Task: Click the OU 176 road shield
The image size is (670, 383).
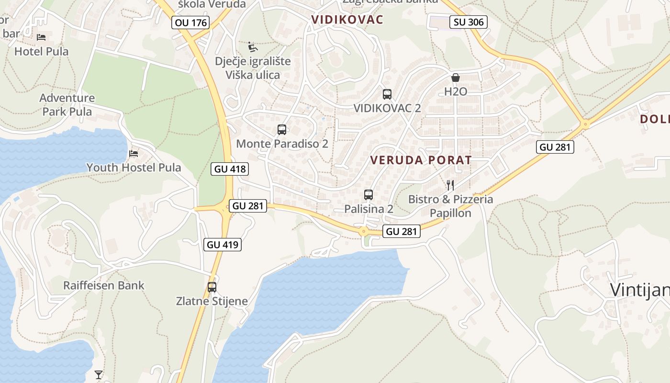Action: click(190, 22)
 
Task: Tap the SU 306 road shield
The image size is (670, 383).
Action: click(469, 22)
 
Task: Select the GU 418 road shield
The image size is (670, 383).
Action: click(230, 169)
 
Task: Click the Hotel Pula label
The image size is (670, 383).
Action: click(41, 51)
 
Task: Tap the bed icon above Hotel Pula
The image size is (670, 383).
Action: click(42, 37)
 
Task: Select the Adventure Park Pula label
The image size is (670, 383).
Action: click(67, 105)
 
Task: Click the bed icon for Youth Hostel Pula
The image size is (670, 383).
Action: click(134, 154)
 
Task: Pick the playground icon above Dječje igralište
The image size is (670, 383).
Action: click(253, 47)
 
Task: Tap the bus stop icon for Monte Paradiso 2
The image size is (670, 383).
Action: click(282, 130)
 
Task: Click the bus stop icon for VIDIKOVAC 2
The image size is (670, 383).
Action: click(387, 94)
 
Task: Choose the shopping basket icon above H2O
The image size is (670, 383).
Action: click(455, 78)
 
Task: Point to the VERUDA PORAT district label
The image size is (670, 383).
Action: click(421, 160)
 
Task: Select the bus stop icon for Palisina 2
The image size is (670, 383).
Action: click(368, 195)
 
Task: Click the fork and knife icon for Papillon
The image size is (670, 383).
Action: click(450, 185)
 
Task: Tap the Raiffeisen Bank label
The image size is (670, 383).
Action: click(104, 286)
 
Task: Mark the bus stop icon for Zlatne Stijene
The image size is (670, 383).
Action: click(212, 287)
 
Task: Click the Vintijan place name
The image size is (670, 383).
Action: click(639, 290)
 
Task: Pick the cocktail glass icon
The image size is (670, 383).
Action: click(99, 374)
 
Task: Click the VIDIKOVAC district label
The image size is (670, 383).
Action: click(347, 20)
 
